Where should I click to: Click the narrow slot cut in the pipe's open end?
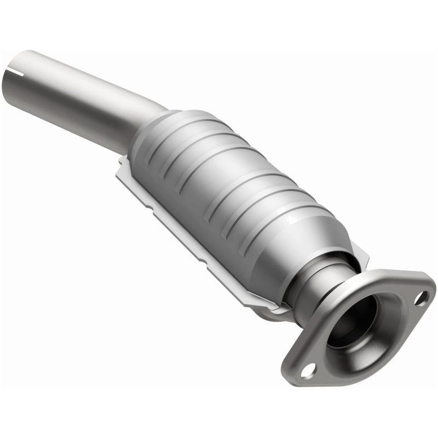pos(23,72)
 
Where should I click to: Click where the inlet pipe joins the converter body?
pos(156,118)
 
